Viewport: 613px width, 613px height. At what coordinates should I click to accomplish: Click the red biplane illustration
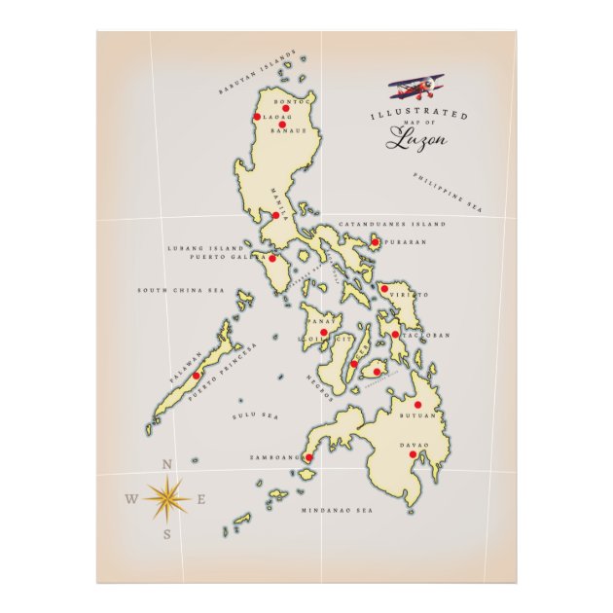(x=417, y=89)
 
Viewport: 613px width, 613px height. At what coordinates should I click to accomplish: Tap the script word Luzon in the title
(x=416, y=139)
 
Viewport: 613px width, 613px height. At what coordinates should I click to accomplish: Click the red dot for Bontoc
(x=286, y=109)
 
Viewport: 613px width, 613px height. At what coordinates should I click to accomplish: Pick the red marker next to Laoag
(x=258, y=117)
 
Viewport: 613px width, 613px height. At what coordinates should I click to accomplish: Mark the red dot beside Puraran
(x=376, y=242)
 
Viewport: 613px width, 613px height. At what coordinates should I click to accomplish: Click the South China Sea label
(x=180, y=290)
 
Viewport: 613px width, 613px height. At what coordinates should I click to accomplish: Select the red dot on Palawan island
(x=197, y=376)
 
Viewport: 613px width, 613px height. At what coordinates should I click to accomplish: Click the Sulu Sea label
(x=255, y=415)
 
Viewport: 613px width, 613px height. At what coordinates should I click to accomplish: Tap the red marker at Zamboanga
(x=309, y=456)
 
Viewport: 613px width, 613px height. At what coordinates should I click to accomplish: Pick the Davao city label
(x=414, y=445)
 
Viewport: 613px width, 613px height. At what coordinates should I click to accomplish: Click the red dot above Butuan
(x=418, y=405)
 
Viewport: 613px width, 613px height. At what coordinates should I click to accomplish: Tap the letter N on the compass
(x=167, y=465)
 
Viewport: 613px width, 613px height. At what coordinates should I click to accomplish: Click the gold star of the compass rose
(x=167, y=498)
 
